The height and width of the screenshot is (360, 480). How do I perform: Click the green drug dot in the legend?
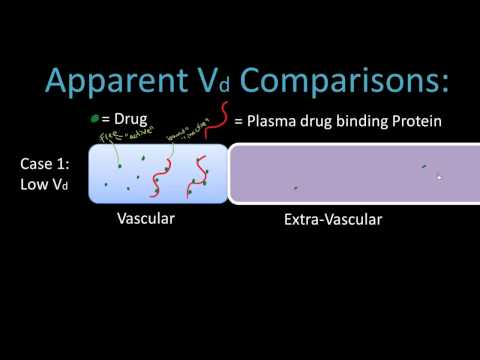(x=94, y=119)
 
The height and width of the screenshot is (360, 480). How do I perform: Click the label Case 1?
(x=44, y=162)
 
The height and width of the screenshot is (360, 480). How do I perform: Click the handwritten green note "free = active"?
(x=112, y=141)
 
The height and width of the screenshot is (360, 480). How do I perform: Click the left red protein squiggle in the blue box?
(x=157, y=178)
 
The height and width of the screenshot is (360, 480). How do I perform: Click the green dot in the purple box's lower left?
(x=295, y=187)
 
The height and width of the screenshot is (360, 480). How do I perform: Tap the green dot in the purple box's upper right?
(x=424, y=166)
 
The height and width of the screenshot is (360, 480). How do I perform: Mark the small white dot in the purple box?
(x=439, y=177)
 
